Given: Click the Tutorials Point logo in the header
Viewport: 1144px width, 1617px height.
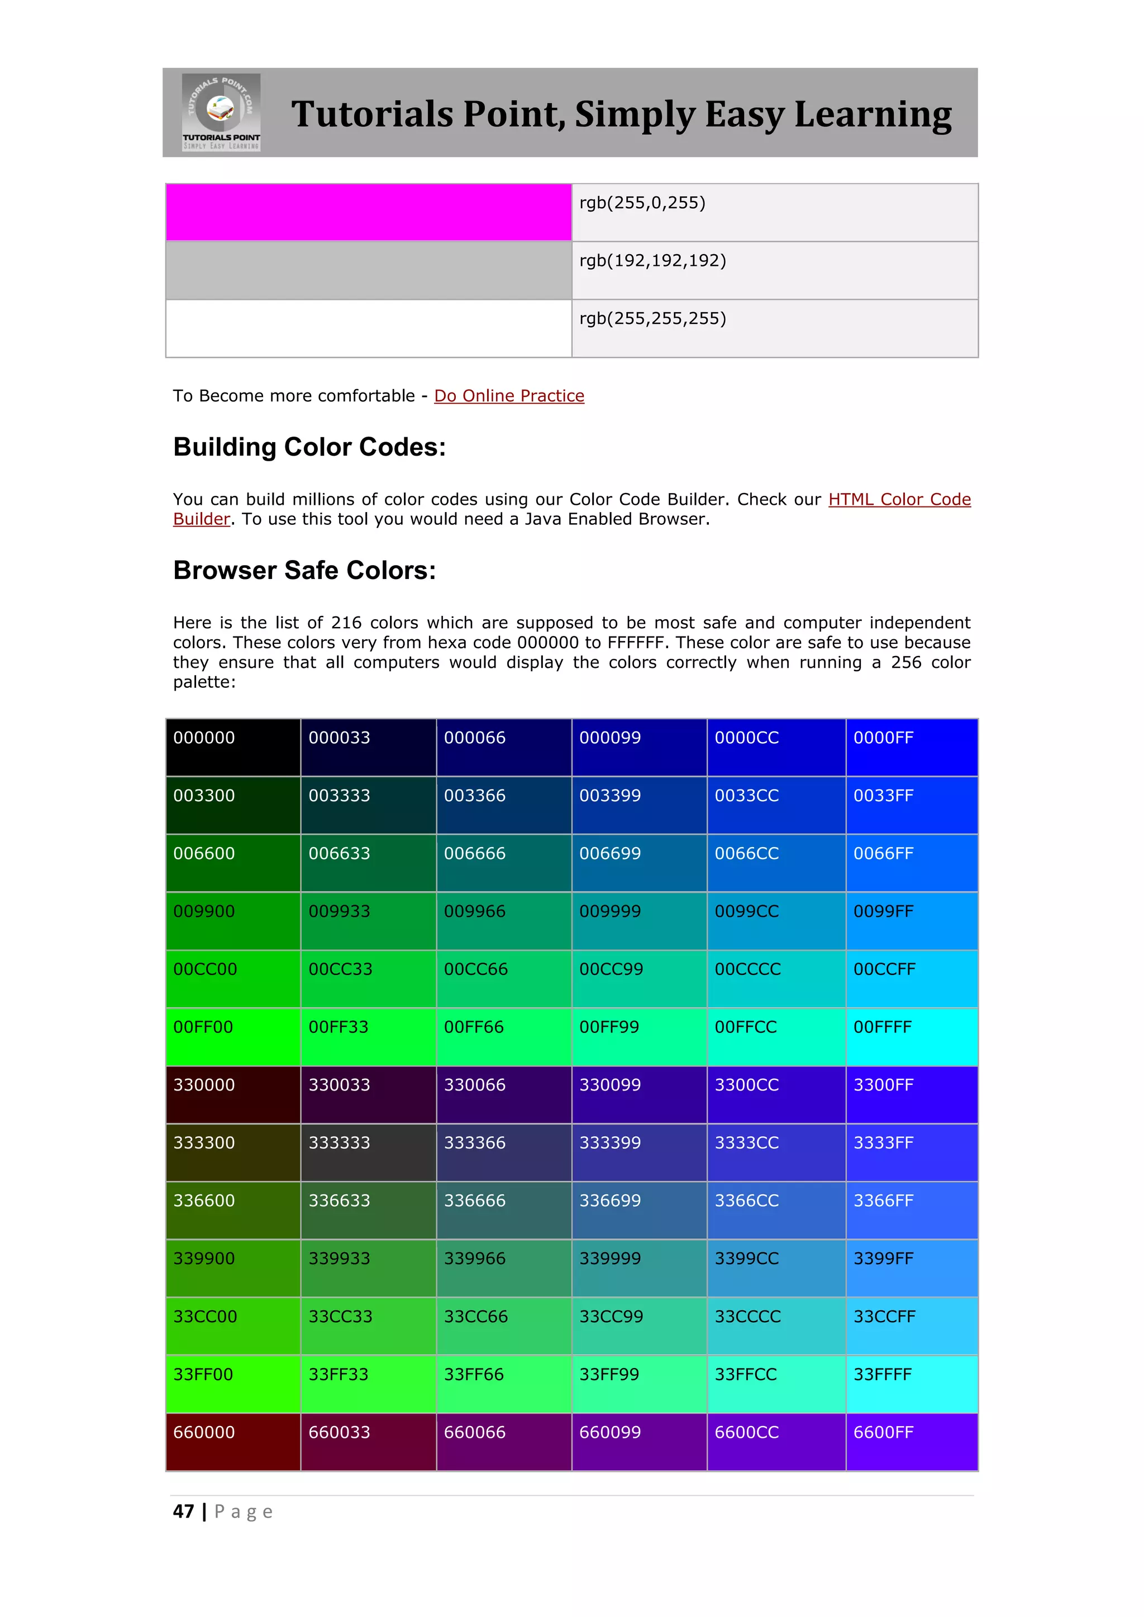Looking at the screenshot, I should pos(221,112).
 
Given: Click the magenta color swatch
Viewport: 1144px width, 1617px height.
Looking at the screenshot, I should pos(369,212).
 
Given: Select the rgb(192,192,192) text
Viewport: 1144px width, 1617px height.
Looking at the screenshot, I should pos(652,261).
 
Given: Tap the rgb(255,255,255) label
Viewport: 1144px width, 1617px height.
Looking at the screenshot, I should pos(652,319).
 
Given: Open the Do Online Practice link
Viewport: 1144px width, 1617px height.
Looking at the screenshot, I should pos(509,396).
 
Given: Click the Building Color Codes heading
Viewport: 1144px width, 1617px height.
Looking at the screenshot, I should pos(309,447).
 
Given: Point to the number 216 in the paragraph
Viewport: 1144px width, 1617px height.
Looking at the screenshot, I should pos(346,623).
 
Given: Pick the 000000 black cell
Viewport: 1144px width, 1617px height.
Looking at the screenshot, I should pos(233,747).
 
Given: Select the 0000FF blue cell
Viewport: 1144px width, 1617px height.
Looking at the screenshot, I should pos(911,747).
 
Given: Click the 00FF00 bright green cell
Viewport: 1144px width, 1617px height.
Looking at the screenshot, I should pos(233,1037).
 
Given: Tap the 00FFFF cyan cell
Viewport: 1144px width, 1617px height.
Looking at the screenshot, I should pos(911,1037).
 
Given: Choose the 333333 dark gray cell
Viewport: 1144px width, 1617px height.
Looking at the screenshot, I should pos(369,1152).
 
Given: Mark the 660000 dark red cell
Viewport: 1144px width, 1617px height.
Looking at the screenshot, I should pos(233,1442).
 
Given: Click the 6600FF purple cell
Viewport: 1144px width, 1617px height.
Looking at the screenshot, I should pos(911,1442).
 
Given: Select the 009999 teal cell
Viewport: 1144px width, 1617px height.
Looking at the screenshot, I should pos(639,921).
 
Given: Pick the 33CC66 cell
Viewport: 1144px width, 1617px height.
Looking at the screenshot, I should pos(504,1326).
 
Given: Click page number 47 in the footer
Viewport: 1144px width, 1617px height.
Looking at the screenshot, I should pos(183,1511).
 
